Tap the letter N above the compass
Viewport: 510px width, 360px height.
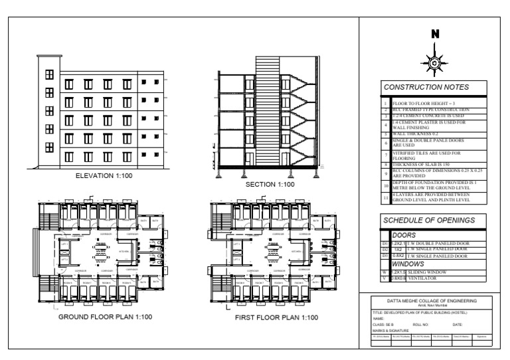click(x=434, y=34)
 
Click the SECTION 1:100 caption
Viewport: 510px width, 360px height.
click(x=270, y=184)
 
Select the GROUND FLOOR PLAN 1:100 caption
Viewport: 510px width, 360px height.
click(x=106, y=317)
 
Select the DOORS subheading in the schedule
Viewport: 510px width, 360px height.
click(x=404, y=235)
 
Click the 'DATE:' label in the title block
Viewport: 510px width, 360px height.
click(x=458, y=323)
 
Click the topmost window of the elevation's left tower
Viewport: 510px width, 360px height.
click(x=48, y=75)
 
